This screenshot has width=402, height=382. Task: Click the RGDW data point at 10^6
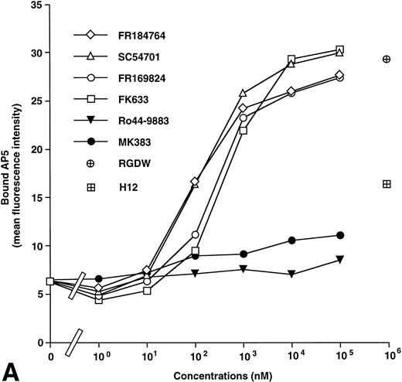(x=387, y=59)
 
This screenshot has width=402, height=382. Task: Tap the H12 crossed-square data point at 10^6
(x=387, y=183)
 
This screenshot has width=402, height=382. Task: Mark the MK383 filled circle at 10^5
(x=340, y=235)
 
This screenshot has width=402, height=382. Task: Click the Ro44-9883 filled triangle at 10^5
(x=340, y=260)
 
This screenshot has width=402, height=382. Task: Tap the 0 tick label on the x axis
(x=49, y=356)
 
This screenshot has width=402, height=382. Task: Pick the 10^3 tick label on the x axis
(x=244, y=355)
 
